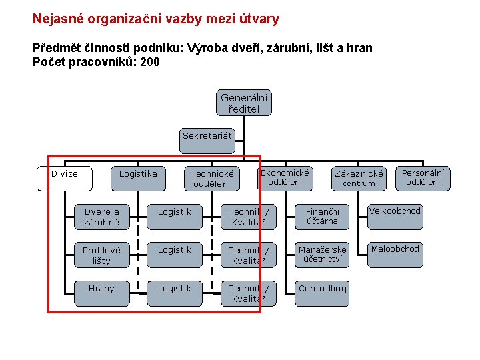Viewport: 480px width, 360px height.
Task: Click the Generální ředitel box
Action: coord(243,103)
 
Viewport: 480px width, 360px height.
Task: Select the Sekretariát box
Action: coord(207,135)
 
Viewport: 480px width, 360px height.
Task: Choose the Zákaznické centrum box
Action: coord(359,178)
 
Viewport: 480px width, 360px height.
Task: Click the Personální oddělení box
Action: coord(423,177)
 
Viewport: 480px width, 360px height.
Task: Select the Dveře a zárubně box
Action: coord(101,217)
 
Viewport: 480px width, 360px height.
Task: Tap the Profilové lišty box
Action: coord(101,255)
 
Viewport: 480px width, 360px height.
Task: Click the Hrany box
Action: coord(101,289)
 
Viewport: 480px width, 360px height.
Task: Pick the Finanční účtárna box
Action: coord(323,216)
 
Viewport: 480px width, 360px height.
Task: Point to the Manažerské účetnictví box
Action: coord(323,254)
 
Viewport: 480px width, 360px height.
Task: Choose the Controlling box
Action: coord(323,289)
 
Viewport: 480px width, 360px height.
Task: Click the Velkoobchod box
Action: coord(395,211)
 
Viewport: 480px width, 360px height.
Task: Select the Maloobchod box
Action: coord(395,249)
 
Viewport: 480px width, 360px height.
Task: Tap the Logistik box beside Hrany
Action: coord(174,289)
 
